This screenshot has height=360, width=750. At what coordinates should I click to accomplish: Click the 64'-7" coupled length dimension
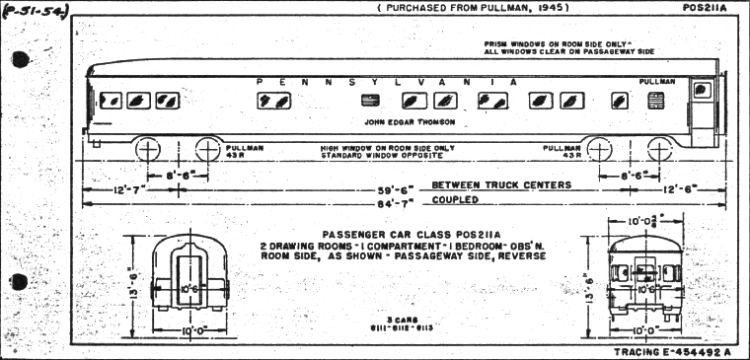[394, 200]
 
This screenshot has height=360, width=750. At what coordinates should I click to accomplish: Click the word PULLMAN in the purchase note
[462, 8]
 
